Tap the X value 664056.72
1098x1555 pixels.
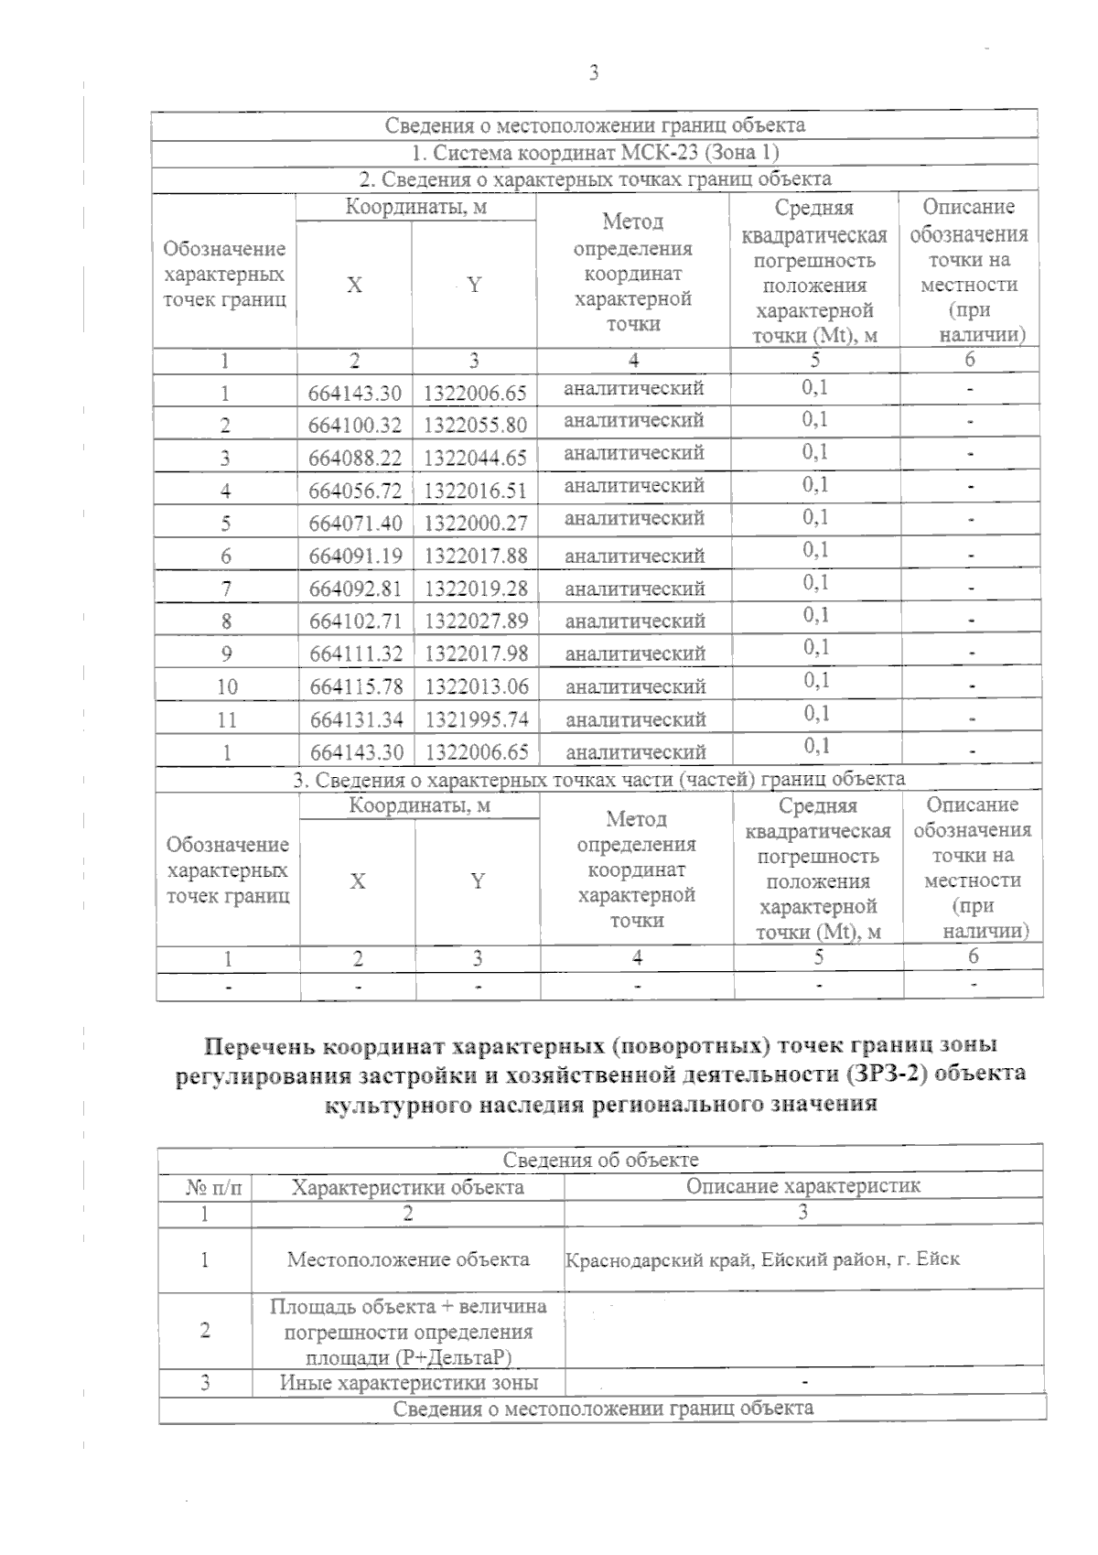[x=355, y=491]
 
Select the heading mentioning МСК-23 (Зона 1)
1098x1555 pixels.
[x=595, y=152]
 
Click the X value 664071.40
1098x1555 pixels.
[x=355, y=524]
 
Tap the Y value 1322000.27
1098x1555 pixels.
[x=476, y=524]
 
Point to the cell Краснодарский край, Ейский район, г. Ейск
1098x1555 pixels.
[x=762, y=1259]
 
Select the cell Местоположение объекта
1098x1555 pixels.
[x=408, y=1260]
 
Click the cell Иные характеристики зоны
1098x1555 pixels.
[x=408, y=1383]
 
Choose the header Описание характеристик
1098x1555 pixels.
[x=803, y=1187]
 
